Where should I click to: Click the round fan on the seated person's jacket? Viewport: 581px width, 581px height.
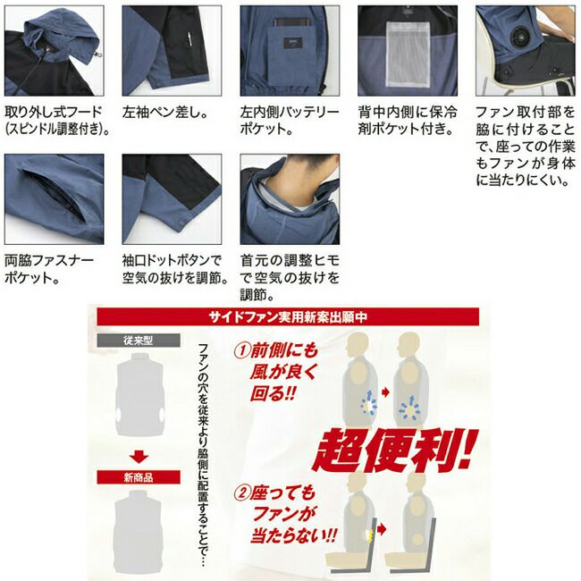pos(520,35)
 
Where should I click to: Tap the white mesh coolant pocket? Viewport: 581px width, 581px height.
pos(408,54)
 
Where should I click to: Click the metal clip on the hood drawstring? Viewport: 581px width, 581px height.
pos(99,55)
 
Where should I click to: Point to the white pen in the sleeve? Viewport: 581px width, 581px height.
pos(189,38)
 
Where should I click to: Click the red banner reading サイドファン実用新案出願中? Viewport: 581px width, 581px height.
pos(288,316)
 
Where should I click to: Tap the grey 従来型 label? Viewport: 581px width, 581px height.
pos(139,341)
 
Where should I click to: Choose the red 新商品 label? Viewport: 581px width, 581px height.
pos(139,477)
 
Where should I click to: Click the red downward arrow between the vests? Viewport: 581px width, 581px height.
pos(139,458)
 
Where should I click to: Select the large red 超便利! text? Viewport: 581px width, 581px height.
pos(394,450)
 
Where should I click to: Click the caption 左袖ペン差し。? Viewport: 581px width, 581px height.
pos(164,113)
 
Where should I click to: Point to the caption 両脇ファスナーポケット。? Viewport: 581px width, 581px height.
pos(49,270)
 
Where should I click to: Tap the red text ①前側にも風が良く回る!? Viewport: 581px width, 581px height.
pos(276,372)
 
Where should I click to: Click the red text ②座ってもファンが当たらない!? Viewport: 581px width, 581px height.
pos(285,514)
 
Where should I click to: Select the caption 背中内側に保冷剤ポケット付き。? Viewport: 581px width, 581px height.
pos(408,121)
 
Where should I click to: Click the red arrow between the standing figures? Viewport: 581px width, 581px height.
pos(386,392)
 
